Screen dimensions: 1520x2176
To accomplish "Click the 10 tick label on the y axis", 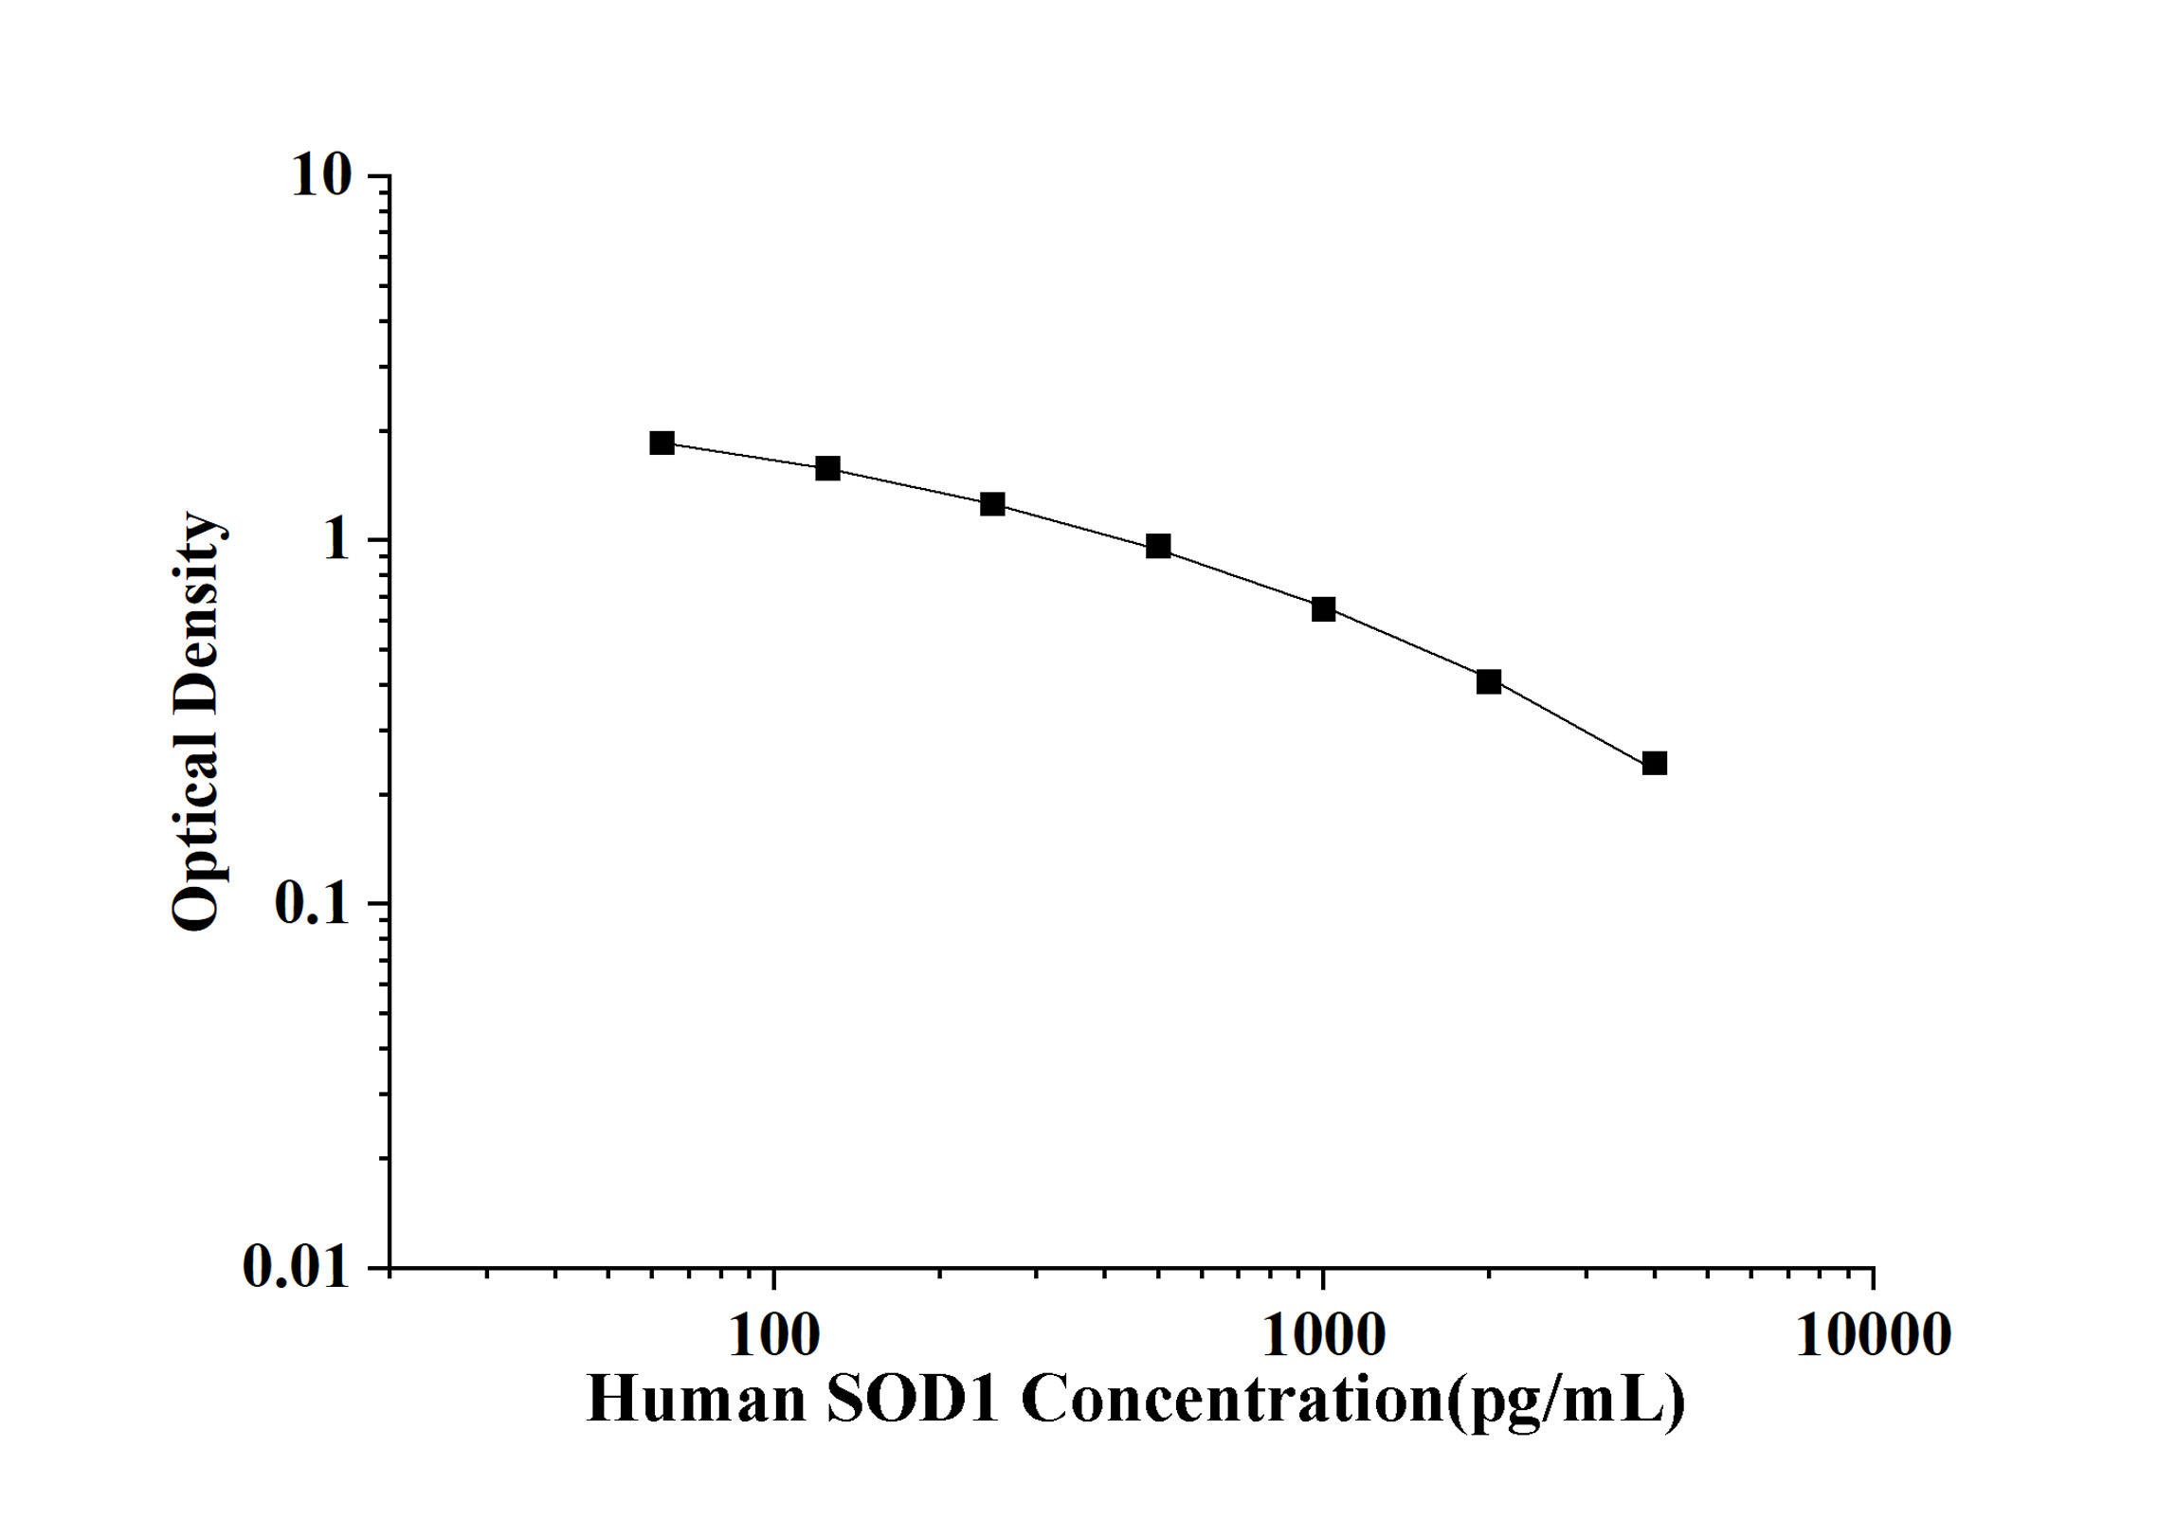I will pyautogui.click(x=320, y=176).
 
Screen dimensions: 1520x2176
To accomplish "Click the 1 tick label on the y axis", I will pyautogui.click(x=335, y=540).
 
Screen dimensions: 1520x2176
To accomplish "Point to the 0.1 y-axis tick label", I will pyautogui.click(x=312, y=904).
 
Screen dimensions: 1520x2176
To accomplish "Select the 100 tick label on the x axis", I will pyautogui.click(x=774, y=1336).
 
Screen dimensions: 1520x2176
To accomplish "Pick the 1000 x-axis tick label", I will pyautogui.click(x=1323, y=1336).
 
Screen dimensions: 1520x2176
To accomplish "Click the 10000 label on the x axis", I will pyautogui.click(x=1873, y=1336).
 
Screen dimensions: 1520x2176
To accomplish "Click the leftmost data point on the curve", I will pyautogui.click(x=662, y=443).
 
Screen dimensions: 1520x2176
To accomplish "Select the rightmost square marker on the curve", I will pyautogui.click(x=1654, y=763).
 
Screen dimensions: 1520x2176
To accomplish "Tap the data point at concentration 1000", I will pyautogui.click(x=1323, y=609).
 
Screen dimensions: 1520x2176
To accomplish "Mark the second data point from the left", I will pyautogui.click(x=827, y=468).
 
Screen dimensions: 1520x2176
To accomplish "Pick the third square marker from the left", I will pyautogui.click(x=992, y=504).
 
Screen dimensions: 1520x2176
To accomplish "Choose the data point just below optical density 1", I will pyautogui.click(x=1157, y=546).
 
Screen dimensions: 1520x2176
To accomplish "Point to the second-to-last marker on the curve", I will pyautogui.click(x=1488, y=681).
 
